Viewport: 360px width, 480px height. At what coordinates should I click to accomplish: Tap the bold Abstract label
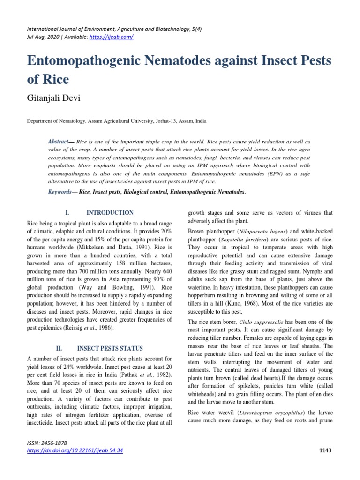click(58, 141)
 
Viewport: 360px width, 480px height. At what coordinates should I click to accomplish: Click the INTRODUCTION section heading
click(111, 213)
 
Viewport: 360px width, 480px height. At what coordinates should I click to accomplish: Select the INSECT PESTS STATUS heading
click(111, 349)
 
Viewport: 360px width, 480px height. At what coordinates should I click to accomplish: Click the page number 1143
click(325, 450)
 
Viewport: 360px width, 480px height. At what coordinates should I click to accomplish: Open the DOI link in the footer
click(75, 450)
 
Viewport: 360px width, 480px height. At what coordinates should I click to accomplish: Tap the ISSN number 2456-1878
click(55, 443)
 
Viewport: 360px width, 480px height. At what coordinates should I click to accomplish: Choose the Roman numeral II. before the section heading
click(59, 349)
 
